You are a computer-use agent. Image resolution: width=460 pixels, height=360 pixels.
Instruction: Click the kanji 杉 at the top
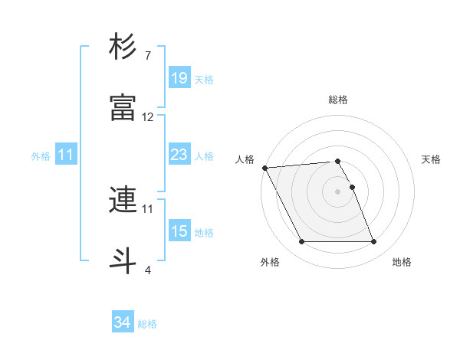tap(123, 47)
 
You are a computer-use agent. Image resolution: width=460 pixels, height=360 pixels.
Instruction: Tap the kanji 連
tap(123, 201)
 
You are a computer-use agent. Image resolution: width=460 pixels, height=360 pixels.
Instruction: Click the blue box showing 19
tap(179, 77)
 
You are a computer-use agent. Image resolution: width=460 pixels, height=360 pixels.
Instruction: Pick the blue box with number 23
tap(179, 155)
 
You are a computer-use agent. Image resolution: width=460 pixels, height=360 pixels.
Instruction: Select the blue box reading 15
tap(179, 231)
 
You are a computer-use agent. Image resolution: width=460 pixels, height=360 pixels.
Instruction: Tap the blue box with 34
tap(122, 322)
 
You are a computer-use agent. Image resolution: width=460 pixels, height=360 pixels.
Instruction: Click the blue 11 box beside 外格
tap(66, 155)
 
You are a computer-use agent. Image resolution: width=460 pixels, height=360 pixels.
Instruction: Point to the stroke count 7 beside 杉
tap(147, 56)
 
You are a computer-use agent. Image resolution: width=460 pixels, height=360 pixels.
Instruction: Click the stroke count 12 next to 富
tap(148, 117)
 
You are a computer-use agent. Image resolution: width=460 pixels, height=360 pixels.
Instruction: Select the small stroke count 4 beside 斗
tap(147, 270)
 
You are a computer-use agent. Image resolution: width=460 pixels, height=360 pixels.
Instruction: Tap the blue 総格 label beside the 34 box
tap(147, 324)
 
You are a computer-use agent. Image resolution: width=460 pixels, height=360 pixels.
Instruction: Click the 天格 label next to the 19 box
tap(204, 79)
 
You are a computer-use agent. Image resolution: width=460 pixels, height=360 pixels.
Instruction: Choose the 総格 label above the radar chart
tap(338, 100)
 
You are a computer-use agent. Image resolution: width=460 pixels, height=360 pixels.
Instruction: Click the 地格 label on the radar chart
tap(402, 262)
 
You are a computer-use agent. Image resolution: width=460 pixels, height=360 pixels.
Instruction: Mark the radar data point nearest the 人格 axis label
tap(264, 168)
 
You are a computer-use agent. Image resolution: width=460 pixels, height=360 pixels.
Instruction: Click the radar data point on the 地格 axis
tap(373, 242)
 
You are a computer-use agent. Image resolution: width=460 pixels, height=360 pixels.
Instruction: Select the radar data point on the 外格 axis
tap(301, 242)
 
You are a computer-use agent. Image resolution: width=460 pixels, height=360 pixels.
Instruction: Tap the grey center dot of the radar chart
tap(337, 191)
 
